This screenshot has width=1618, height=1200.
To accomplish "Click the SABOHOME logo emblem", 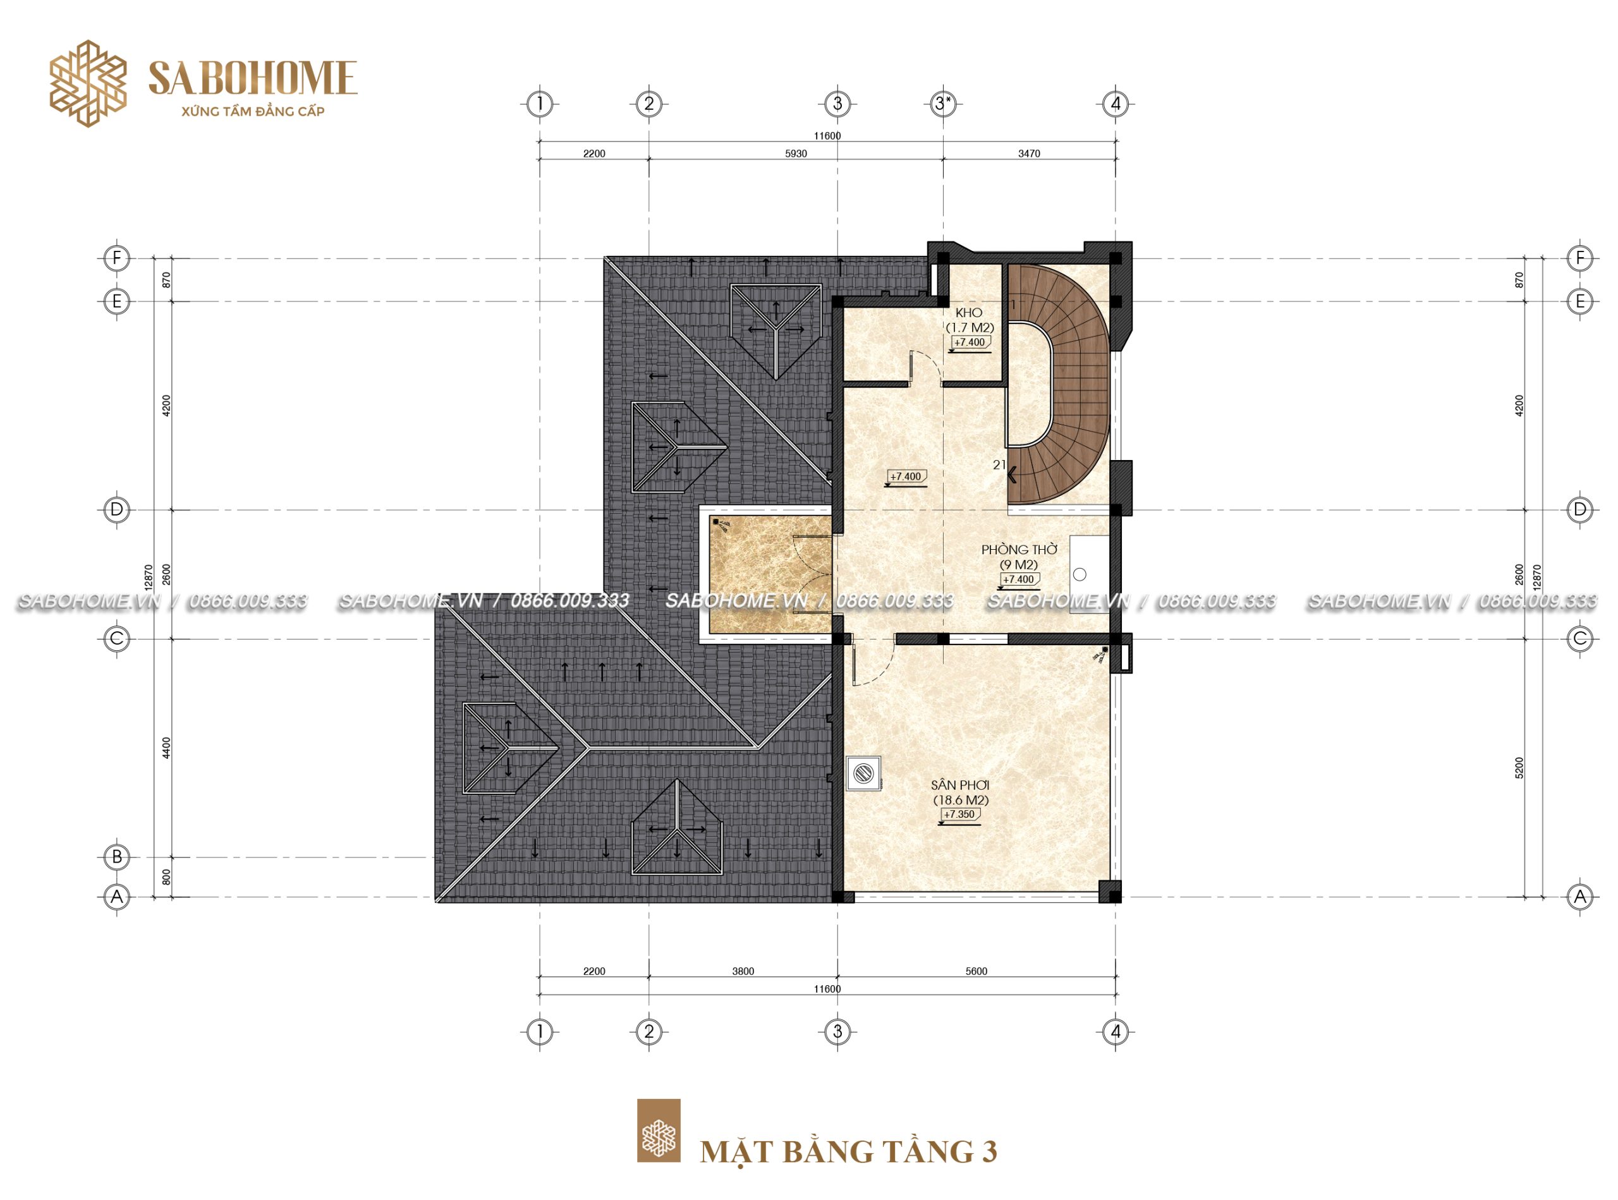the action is (88, 83).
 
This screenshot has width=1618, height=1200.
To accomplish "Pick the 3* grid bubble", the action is (942, 104).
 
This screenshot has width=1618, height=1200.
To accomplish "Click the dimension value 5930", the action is (796, 154).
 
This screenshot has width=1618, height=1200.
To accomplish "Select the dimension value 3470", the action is (1029, 154).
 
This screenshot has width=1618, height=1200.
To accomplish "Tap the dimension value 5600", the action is (976, 971).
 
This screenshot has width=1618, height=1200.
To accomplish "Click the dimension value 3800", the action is (743, 971).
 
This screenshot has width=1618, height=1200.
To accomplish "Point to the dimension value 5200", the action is (1519, 768).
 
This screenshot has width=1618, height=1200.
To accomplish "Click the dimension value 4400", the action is (166, 748).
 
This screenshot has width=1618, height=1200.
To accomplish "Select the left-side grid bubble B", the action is (117, 856).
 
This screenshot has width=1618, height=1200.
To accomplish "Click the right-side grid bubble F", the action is (1579, 258).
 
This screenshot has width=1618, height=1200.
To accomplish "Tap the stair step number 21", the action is (999, 465).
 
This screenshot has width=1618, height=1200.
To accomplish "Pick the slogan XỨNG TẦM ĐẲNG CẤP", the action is (253, 111).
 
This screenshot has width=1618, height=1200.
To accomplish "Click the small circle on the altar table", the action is (1080, 574).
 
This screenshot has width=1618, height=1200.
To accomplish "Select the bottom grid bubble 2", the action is (649, 1031).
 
